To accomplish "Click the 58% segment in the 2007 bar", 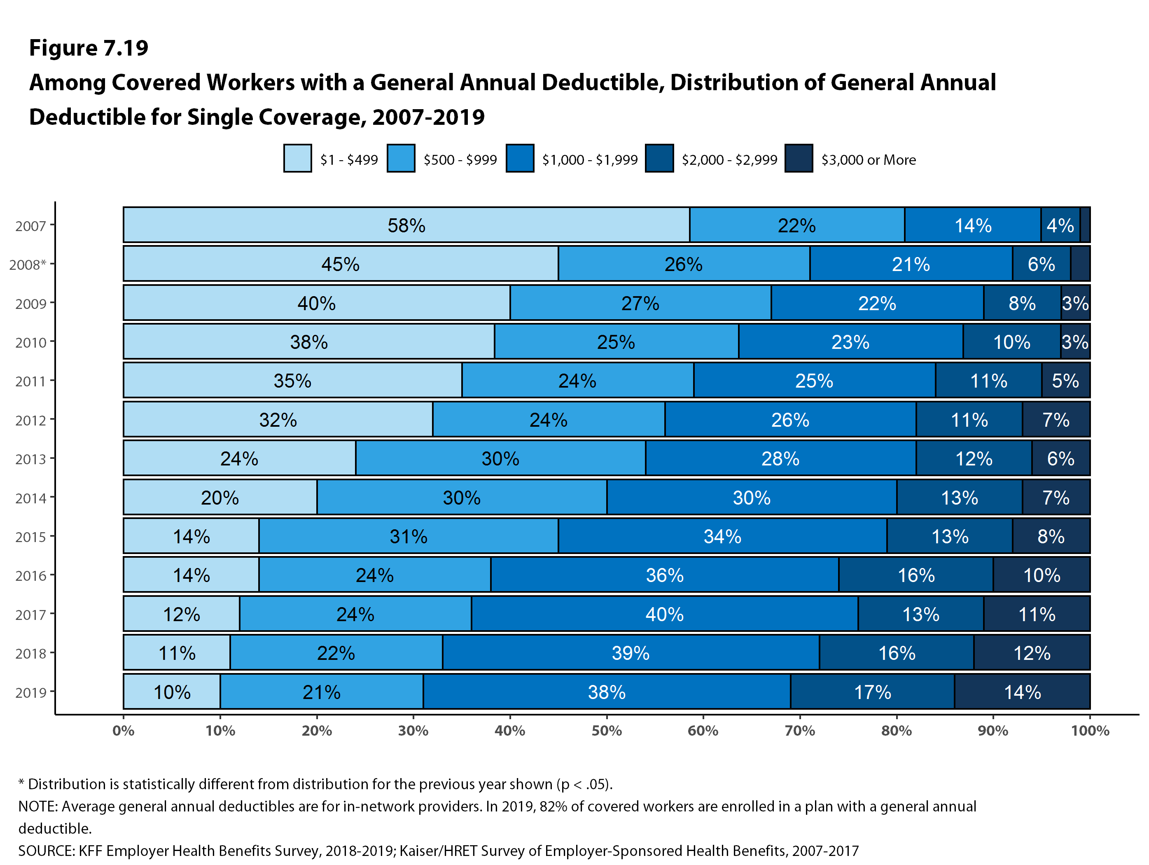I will [406, 225].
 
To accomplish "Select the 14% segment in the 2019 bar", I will [1022, 692].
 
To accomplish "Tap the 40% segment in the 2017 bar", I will [664, 614].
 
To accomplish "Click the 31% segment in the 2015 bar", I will [408, 536].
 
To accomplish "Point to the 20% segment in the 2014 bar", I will [220, 498].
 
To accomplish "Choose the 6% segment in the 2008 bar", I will [1041, 264].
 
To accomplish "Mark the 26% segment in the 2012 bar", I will [789, 420].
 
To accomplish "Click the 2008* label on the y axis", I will [28, 265].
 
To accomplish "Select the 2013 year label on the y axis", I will [30, 459].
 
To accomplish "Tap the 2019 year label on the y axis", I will [30, 692].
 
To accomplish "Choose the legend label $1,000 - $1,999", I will [590, 160].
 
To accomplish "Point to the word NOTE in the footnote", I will [38, 806].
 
